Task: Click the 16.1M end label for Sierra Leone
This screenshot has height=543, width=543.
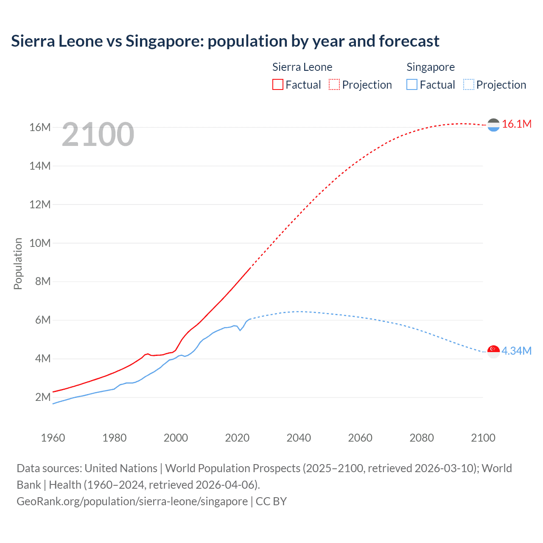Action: tap(516, 124)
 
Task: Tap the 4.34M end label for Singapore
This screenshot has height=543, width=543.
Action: tap(516, 351)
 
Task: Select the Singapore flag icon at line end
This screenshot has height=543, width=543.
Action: tap(493, 351)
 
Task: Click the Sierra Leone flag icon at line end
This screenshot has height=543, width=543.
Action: tap(493, 125)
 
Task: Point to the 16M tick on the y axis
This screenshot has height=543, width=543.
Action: tap(40, 127)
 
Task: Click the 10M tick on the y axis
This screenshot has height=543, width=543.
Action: tap(40, 243)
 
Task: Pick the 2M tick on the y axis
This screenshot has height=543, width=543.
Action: tap(42, 397)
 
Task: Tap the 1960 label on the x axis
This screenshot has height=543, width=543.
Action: tap(53, 438)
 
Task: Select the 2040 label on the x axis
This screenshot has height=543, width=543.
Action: tap(299, 438)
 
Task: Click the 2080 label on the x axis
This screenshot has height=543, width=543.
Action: tap(421, 438)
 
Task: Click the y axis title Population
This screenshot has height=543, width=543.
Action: tap(18, 263)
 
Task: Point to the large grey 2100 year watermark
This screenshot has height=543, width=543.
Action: tap(98, 134)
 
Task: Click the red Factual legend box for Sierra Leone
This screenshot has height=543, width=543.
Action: tap(277, 84)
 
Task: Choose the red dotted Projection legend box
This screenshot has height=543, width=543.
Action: tap(334, 84)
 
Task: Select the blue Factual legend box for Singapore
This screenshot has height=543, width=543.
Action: tap(411, 84)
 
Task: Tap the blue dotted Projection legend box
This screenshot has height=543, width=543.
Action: tap(468, 84)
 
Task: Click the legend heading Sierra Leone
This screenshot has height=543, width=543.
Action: tap(302, 67)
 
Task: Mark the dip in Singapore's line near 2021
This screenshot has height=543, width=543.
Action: tap(240, 330)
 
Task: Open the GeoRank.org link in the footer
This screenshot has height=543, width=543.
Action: tap(132, 501)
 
